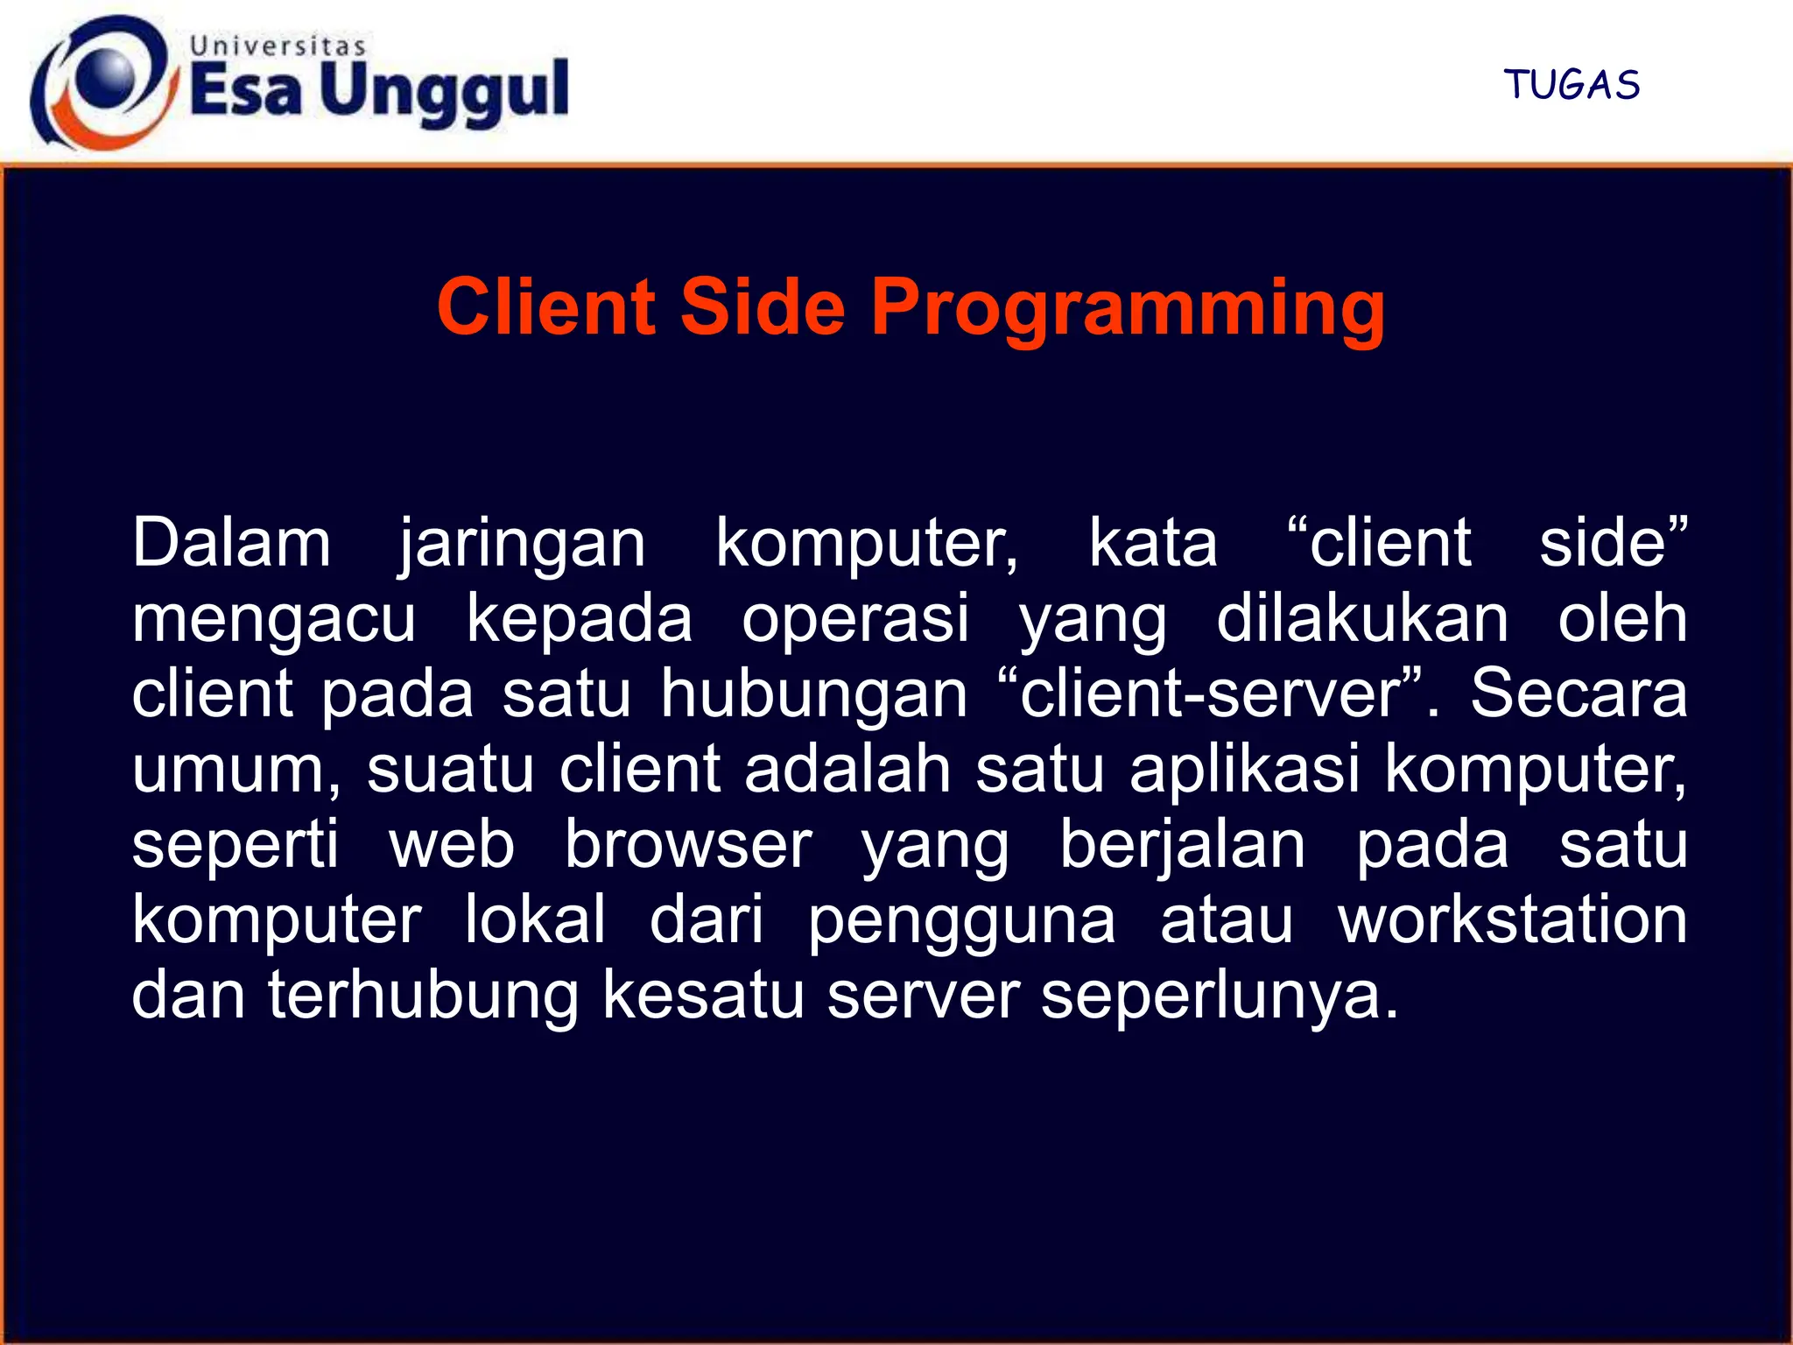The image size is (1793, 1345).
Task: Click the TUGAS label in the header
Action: (1572, 85)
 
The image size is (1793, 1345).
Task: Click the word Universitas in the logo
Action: (278, 46)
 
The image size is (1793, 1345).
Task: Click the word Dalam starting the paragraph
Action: (232, 543)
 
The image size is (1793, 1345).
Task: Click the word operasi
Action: (856, 618)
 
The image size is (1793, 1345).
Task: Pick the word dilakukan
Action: (1362, 618)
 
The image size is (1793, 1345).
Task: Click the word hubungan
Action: (813, 694)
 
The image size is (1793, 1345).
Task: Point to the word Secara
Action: (1578, 693)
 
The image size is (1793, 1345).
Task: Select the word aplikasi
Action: (1245, 769)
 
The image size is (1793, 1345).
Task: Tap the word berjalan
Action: (1182, 846)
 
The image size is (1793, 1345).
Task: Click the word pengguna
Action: (961, 922)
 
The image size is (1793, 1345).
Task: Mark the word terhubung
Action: (424, 996)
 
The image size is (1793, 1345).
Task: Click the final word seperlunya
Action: (1219, 997)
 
